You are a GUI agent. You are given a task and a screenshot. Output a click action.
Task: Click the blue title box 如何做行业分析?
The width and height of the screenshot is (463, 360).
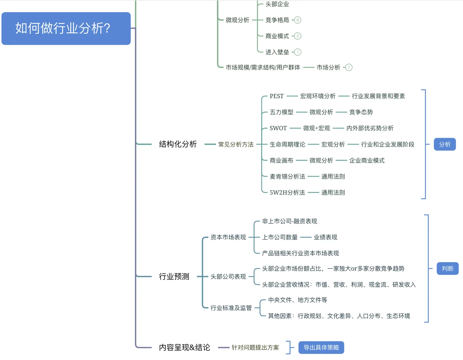coord(66,29)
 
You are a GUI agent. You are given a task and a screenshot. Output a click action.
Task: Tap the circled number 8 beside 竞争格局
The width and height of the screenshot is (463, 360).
coord(297,20)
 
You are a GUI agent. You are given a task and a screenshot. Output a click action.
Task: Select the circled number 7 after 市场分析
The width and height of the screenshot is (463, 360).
coord(349,67)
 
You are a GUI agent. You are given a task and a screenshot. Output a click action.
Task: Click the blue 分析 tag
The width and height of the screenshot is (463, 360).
coord(445,145)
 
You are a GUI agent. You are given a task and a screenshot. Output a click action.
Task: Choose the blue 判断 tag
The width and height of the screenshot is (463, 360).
coord(447,269)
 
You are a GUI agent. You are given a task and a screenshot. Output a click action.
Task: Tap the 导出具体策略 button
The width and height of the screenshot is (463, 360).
coord(321,347)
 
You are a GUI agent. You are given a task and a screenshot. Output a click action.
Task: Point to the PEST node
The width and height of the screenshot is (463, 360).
coord(276,96)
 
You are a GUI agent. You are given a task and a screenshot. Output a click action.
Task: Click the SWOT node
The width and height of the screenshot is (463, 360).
coord(278,128)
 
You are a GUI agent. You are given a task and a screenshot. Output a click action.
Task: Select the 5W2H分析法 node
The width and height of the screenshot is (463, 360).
coord(287,193)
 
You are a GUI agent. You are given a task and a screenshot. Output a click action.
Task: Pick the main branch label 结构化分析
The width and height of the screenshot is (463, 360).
coord(178,144)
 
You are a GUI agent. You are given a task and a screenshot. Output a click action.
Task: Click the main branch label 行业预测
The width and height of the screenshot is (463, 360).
coord(174,277)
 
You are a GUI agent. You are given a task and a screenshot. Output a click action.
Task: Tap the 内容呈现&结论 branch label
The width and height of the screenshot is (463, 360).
coord(184,347)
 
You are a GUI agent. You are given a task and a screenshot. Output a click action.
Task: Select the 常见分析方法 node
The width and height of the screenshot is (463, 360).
coord(235,145)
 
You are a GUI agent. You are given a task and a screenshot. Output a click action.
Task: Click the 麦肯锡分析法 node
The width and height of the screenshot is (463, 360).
coord(287,176)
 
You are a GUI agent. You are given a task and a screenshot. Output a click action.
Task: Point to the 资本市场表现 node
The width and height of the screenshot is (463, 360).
coord(228,237)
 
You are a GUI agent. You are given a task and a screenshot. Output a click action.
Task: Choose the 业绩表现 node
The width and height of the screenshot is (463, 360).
coord(325,237)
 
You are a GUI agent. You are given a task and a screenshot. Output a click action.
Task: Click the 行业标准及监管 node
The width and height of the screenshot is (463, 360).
coord(231,308)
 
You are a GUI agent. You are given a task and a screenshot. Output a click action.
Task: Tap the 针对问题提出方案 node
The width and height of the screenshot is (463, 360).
coord(255,347)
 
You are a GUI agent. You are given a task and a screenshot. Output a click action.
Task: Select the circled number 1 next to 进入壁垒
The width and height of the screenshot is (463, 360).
coord(297,52)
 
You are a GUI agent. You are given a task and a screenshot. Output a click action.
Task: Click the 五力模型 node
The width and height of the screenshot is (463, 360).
coord(281,112)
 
